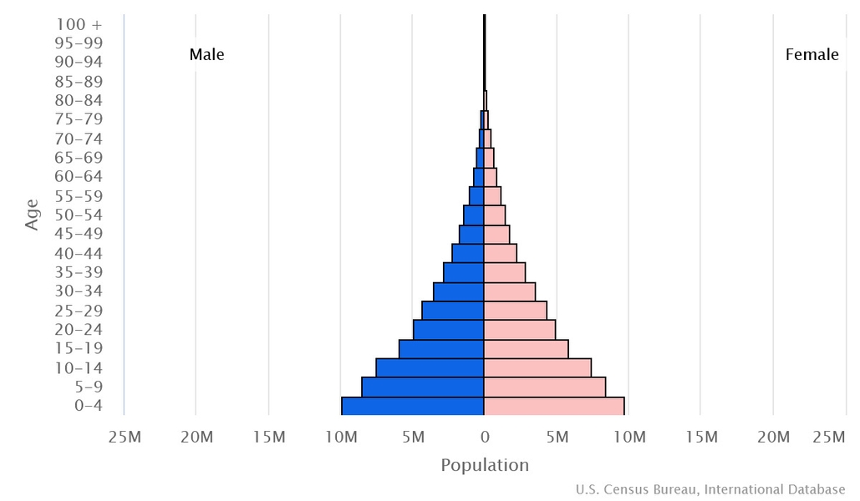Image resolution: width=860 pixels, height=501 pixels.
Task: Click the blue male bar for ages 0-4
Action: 413,406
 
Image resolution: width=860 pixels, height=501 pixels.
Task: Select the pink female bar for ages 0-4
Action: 554,406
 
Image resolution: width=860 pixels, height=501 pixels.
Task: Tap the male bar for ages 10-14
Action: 430,367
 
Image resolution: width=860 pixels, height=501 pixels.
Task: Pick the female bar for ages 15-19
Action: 526,348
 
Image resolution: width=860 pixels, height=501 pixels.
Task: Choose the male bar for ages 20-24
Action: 449,329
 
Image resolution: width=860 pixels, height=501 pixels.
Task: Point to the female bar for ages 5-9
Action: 545,387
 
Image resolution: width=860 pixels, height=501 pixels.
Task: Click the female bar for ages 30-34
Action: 510,291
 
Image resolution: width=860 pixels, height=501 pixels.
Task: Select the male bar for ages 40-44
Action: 468,253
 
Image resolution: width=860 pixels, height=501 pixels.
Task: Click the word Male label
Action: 206,55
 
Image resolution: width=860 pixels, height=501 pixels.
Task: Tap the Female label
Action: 812,55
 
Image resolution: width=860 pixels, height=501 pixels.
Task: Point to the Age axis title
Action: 32,215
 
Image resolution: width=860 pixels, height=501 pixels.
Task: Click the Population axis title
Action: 485,465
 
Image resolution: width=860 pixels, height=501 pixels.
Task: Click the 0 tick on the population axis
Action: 485,437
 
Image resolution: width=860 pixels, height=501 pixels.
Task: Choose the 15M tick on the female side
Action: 700,437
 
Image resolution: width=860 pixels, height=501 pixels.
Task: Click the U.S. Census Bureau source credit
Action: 710,489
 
